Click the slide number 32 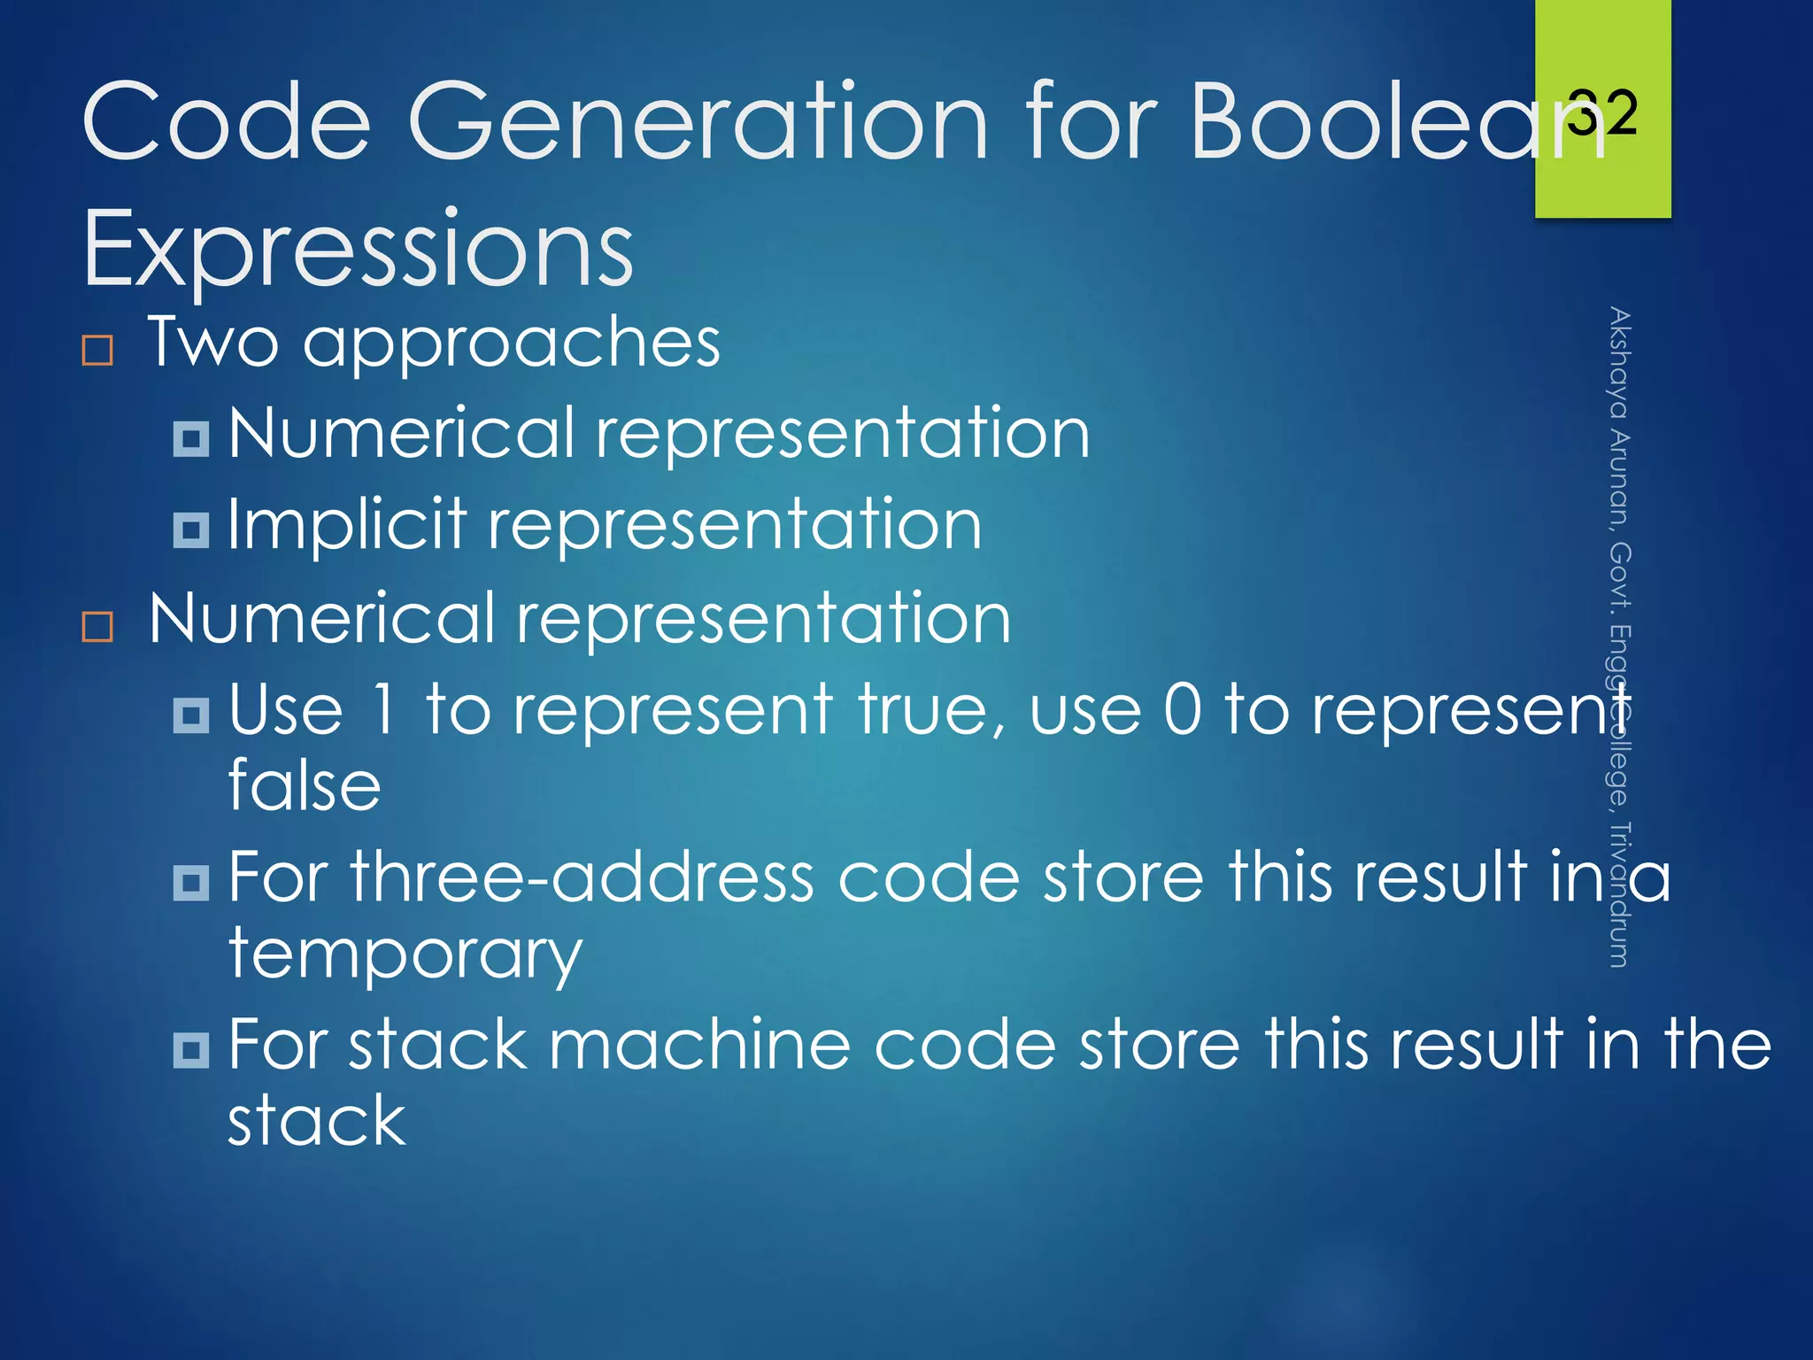(1602, 113)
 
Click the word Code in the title (226, 121)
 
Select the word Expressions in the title (358, 249)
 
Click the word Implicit (346, 524)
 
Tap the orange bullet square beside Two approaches (97, 350)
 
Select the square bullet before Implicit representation (191, 529)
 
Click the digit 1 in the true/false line (383, 709)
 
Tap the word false (305, 785)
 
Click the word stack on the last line (316, 1121)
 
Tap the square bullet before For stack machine (191, 1050)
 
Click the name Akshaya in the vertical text (1619, 363)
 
